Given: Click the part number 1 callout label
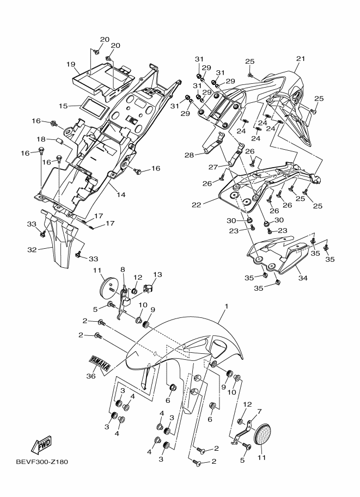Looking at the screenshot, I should tap(225, 308).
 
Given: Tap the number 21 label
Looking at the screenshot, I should tap(300, 59).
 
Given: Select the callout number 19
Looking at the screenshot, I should tap(71, 64).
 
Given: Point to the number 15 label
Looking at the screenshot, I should tap(63, 106).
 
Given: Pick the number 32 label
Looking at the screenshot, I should tap(32, 250).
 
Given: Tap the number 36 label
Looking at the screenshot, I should tap(91, 375).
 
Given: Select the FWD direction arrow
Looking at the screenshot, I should tap(43, 447).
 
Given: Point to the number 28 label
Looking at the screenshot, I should tap(189, 155).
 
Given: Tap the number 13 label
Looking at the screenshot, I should tap(158, 274).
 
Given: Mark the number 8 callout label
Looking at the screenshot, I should tap(123, 269).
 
